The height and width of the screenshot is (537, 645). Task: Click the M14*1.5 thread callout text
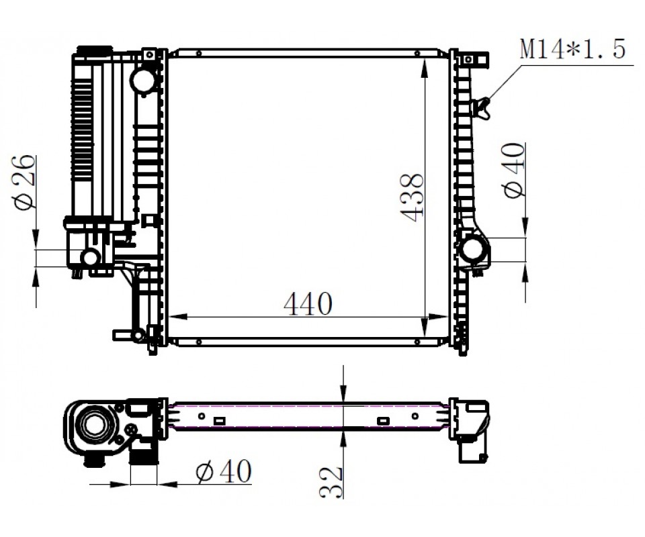[572, 48]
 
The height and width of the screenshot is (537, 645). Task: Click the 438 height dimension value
[412, 197]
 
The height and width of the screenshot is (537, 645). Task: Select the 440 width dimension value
[308, 304]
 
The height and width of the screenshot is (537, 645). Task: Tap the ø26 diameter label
[24, 183]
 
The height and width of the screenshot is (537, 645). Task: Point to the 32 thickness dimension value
[331, 482]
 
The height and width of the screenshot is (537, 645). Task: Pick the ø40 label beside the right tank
[514, 171]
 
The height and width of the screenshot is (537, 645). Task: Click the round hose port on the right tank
[474, 248]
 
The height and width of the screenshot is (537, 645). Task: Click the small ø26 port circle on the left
[90, 257]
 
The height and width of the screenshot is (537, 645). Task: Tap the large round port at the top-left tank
[144, 80]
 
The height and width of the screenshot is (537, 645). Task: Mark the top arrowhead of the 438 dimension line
[424, 68]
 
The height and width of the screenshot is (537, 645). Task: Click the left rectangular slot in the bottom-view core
[220, 421]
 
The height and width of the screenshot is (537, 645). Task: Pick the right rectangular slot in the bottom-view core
[384, 421]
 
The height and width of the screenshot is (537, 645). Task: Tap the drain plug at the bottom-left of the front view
[129, 334]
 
